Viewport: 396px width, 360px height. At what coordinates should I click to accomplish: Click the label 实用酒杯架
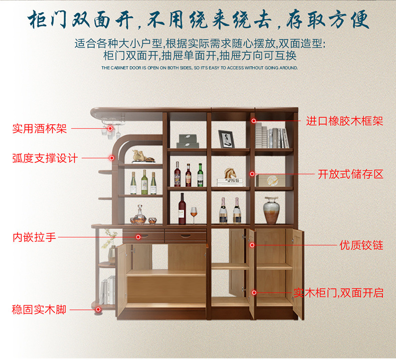pyautogui.click(x=39, y=129)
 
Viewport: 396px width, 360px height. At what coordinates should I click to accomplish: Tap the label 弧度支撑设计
pyautogui.click(x=45, y=158)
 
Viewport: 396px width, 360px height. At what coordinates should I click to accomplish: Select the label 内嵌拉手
pyautogui.click(x=34, y=237)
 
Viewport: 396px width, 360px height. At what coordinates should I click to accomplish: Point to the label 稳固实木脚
pyautogui.click(x=39, y=309)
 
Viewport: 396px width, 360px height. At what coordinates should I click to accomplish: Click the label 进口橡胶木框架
pyautogui.click(x=344, y=121)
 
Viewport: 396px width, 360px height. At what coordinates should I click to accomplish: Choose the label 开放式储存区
pyautogui.click(x=350, y=174)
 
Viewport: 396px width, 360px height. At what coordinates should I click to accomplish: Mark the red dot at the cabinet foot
pyautogui.click(x=97, y=309)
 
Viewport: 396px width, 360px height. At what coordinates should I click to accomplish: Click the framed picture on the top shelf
pyautogui.click(x=226, y=139)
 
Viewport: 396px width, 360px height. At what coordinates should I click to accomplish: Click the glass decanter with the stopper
pyautogui.click(x=138, y=215)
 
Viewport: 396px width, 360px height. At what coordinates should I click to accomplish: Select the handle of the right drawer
pyautogui.click(x=185, y=236)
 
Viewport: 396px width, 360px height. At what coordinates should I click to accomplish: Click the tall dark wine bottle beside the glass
pyautogui.click(x=182, y=209)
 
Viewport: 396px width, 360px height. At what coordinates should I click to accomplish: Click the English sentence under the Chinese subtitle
pyautogui.click(x=200, y=68)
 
